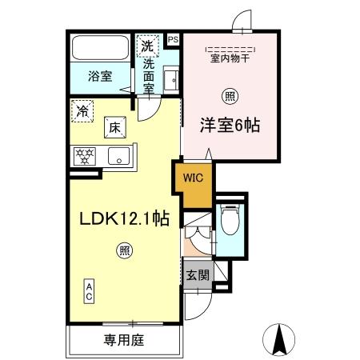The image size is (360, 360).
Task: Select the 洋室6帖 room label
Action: pyautogui.click(x=228, y=126)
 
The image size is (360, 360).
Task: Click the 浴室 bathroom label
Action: pyautogui.click(x=100, y=77)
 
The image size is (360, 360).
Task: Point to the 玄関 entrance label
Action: pyautogui.click(x=197, y=275)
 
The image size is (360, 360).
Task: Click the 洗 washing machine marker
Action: pyautogui.click(x=146, y=46)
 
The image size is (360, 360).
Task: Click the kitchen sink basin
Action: pyautogui.click(x=118, y=156)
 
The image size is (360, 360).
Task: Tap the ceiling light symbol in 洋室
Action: pyautogui.click(x=230, y=96)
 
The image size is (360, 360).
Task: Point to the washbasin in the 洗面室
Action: pyautogui.click(x=170, y=80)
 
